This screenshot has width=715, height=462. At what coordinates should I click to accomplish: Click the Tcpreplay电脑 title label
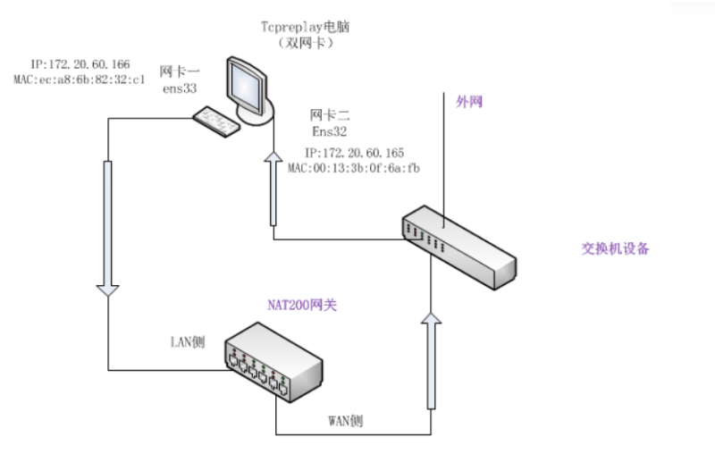305,27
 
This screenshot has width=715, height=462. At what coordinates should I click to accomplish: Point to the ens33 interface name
180,88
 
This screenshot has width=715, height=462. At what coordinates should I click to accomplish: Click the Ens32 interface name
329,131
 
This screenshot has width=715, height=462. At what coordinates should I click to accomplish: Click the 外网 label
469,101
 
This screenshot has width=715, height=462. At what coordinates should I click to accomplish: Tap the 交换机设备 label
615,248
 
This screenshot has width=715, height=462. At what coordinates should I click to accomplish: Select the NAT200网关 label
302,305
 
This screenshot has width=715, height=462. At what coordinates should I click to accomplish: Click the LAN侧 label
188,342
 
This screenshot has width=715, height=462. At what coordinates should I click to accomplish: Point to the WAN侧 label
346,421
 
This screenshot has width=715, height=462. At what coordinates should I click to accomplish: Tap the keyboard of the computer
216,122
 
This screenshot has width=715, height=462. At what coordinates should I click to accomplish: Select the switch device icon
459,248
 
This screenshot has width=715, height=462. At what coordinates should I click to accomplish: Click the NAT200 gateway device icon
273,362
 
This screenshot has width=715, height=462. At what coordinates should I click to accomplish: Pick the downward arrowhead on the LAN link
108,290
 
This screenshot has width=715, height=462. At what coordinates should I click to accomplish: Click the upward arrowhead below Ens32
273,156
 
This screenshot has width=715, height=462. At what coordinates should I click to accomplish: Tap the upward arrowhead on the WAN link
431,318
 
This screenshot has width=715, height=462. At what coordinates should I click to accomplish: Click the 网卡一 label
180,71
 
